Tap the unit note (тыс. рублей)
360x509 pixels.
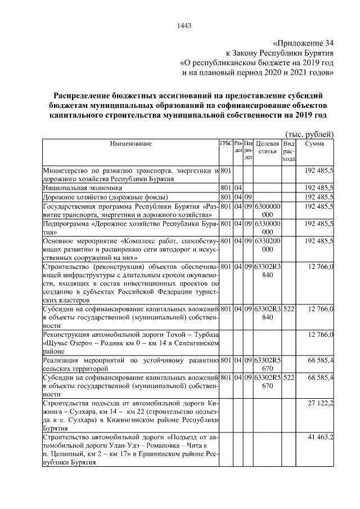pyautogui.click(x=310, y=133)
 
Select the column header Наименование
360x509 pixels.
pyautogui.click(x=130, y=144)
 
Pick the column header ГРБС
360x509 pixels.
pyautogui.click(x=226, y=144)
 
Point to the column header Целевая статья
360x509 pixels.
pyautogui.click(x=267, y=148)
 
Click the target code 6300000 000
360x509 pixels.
pyautogui.click(x=267, y=210)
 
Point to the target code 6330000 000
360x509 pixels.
pyautogui.click(x=267, y=228)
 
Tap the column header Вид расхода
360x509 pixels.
pyautogui.click(x=288, y=151)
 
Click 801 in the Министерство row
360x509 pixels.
pyautogui.click(x=226, y=170)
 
